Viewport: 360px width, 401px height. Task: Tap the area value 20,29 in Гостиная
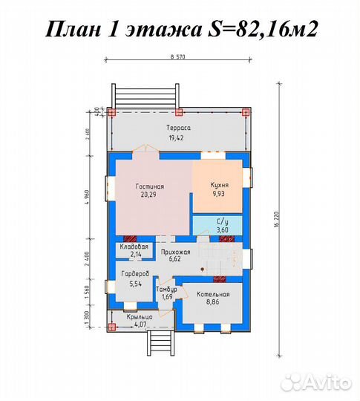pos(149,195)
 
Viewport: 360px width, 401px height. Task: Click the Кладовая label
pos(135,246)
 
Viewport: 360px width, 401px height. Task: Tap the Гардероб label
pos(135,274)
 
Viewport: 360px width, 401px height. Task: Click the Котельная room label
pos(213,295)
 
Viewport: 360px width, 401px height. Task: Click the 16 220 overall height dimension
pos(275,221)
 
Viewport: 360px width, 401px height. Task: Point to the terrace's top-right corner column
pos(246,113)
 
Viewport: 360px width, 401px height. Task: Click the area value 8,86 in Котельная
pos(213,303)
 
